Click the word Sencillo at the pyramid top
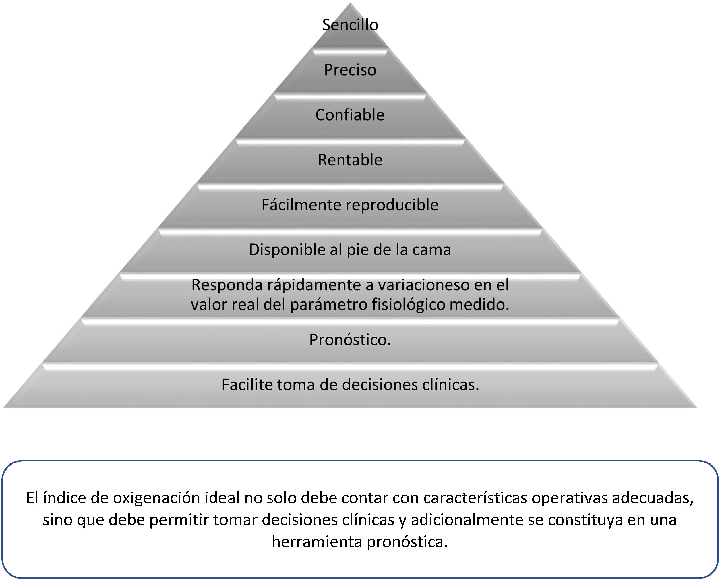[x=350, y=25]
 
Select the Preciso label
[x=350, y=70]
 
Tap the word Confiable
[x=350, y=115]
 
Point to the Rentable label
[x=350, y=160]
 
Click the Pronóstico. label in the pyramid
[x=350, y=340]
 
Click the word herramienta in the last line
[x=317, y=542]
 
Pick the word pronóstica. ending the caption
[x=407, y=542]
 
